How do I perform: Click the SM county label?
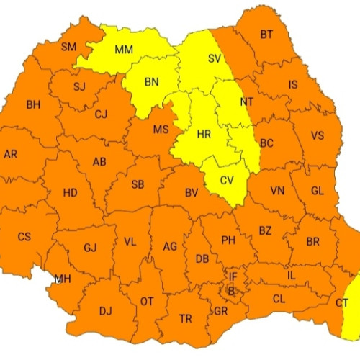click(x=68, y=48)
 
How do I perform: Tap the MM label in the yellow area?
click(x=124, y=50)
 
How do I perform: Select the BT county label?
click(x=267, y=35)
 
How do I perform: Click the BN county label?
click(x=151, y=82)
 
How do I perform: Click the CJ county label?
click(x=101, y=113)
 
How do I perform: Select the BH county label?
click(x=33, y=105)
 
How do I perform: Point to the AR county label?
click(x=11, y=154)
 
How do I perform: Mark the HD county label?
click(x=70, y=193)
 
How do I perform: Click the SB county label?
click(x=138, y=185)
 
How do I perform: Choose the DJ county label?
click(x=106, y=311)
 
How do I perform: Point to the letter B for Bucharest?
click(x=231, y=290)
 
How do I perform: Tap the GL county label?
click(x=318, y=192)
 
